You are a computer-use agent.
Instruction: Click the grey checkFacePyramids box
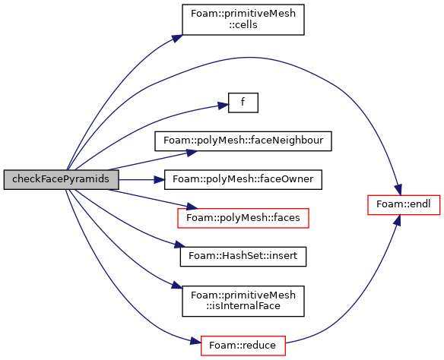61,179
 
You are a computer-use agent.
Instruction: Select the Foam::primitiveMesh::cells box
243,20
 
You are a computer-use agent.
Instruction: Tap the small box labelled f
243,103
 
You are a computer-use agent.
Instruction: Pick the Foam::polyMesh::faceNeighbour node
243,141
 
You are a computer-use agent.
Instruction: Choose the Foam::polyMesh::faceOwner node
243,179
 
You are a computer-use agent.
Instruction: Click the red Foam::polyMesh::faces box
243,218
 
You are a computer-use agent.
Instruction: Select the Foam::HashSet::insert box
243,257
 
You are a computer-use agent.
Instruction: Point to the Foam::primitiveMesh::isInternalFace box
243,301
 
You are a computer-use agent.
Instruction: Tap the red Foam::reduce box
243,346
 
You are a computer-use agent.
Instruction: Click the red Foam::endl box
404,205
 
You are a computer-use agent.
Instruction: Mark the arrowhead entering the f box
223,106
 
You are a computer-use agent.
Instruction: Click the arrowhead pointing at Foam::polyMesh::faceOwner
159,179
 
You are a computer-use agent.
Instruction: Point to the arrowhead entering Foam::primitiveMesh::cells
177,39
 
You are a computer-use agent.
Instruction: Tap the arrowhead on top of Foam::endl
398,189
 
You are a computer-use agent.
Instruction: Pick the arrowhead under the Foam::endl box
398,220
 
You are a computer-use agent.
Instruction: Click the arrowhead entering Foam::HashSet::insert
179,245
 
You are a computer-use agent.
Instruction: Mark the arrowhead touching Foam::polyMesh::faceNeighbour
192,153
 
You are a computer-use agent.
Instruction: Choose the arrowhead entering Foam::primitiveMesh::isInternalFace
177,285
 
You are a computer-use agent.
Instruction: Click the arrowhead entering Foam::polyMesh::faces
192,207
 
